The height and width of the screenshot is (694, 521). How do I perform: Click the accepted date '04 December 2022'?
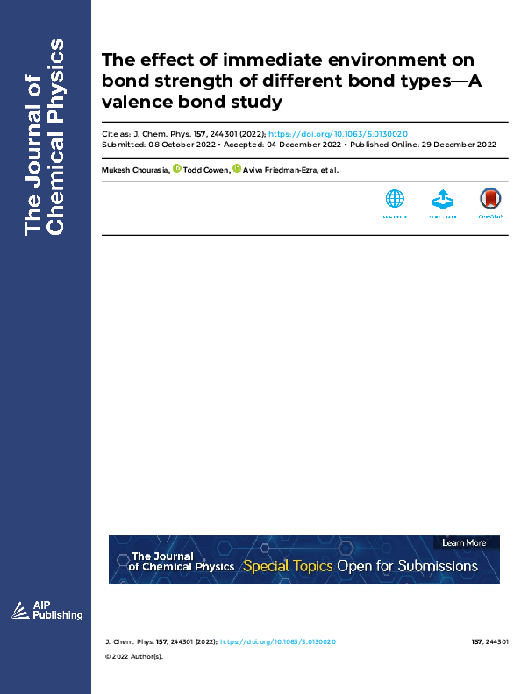tap(303, 144)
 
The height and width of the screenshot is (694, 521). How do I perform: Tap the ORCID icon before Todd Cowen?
tap(177, 168)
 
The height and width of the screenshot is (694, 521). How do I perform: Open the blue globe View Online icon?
tap(395, 200)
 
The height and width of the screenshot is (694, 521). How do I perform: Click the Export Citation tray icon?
tap(443, 200)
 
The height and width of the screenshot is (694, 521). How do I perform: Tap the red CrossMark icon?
tap(490, 200)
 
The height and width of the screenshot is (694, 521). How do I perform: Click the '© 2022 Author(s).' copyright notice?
tap(134, 656)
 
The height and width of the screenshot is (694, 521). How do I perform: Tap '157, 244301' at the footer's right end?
tap(489, 642)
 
